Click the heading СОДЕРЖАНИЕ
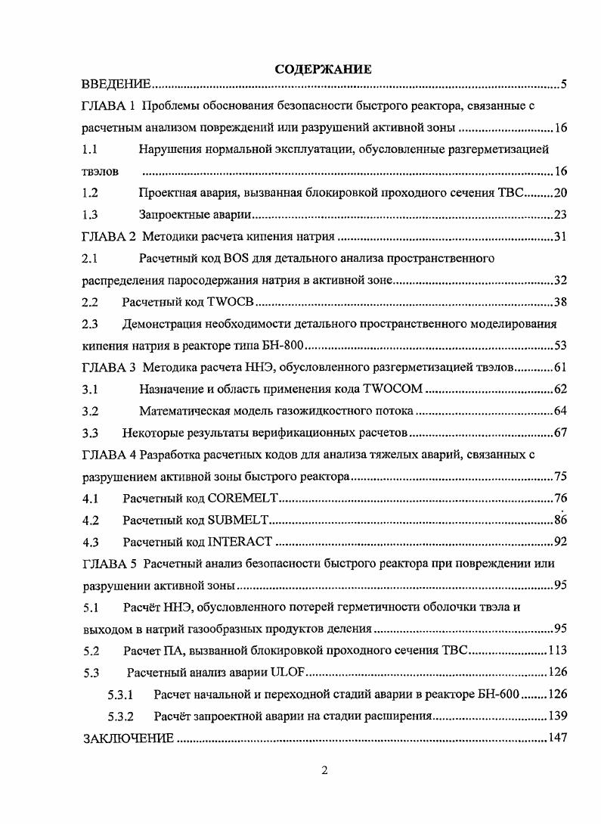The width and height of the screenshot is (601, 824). point(323,70)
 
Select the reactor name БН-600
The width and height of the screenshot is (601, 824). point(495,694)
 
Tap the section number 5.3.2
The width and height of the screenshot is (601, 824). point(121,716)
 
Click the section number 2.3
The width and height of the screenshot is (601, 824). point(91,325)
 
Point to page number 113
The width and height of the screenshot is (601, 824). point(556,650)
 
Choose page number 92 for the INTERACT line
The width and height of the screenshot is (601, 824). point(559,542)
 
